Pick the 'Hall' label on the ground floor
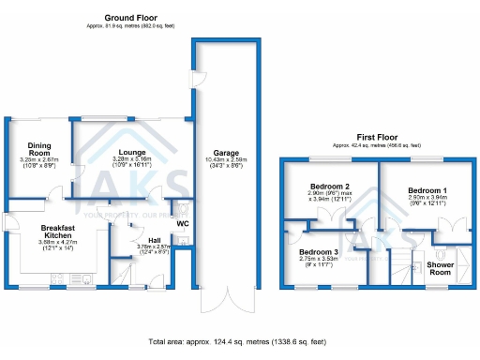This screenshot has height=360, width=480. tap(141, 239)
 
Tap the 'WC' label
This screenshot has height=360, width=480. tap(183, 223)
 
